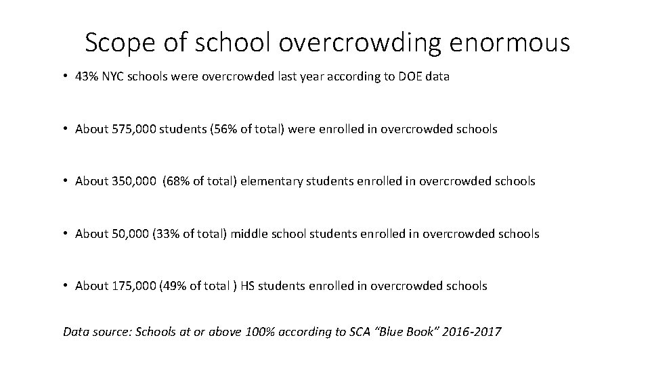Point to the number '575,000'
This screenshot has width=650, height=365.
pyautogui.click(x=133, y=129)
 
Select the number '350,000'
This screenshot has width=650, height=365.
pyautogui.click(x=133, y=181)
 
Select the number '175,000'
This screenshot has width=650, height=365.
pyautogui.click(x=133, y=286)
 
